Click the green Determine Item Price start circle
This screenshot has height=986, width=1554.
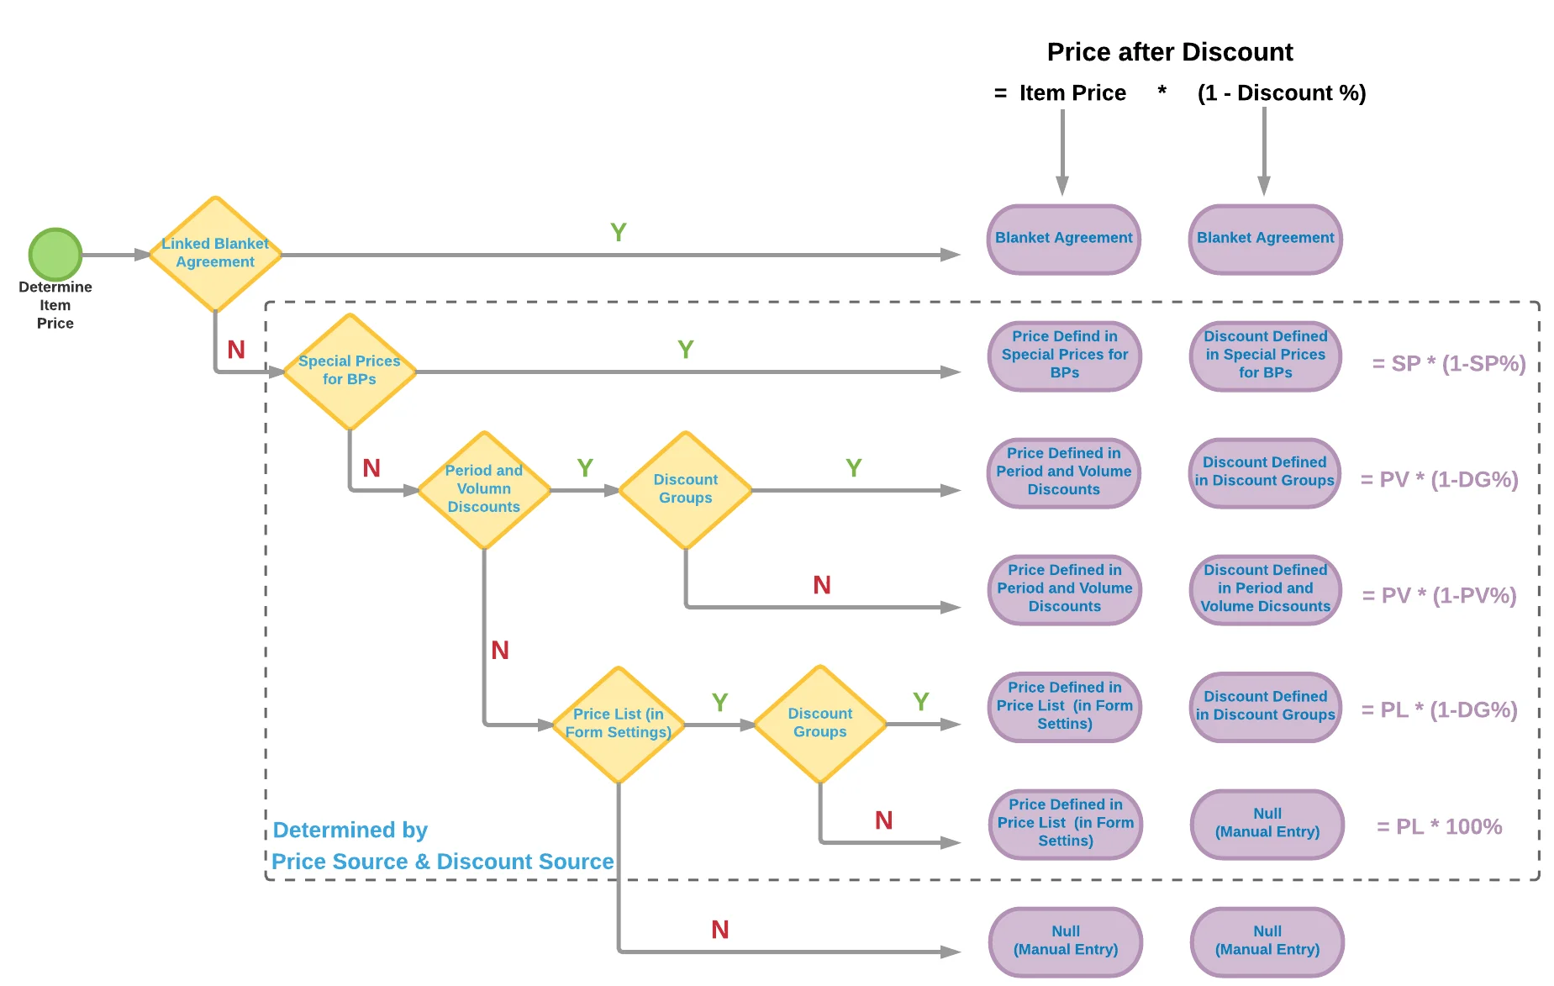coord(55,254)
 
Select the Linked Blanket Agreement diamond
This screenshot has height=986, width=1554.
coord(215,254)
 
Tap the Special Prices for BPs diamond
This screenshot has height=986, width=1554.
coord(350,371)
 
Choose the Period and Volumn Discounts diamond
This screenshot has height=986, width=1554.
coord(484,489)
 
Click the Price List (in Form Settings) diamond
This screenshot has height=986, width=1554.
coord(619,724)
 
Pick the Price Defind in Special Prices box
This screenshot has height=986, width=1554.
coord(1064,356)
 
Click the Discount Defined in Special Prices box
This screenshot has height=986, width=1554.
coord(1265,356)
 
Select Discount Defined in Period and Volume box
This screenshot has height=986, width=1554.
coord(1265,589)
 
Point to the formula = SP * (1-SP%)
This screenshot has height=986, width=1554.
coord(1448,364)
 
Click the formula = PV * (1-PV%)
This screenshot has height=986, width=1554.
coord(1439,596)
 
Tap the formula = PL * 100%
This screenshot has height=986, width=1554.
coord(1439,827)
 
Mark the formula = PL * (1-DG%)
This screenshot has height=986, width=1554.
coord(1439,710)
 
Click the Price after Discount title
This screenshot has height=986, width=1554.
coord(1169,52)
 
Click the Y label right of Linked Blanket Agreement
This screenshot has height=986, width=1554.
coord(618,233)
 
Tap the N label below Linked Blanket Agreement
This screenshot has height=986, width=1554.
coord(236,350)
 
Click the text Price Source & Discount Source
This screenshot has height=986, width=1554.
coord(442,862)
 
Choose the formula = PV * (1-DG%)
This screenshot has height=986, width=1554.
coord(1439,480)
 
